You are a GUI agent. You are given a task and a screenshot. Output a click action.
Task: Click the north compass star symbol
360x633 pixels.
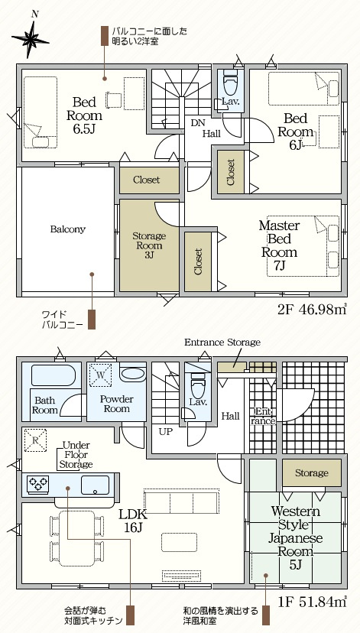[31, 38]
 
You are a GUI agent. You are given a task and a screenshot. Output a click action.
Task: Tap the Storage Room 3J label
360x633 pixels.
[149, 245]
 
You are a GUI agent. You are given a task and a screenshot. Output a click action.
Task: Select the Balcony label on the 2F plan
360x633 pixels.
[68, 229]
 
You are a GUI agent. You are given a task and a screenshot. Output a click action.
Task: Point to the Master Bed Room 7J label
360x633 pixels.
[279, 245]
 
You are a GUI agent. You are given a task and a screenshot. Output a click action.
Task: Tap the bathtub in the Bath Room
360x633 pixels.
[54, 375]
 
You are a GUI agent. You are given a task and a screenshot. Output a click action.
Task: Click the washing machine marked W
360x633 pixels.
[101, 375]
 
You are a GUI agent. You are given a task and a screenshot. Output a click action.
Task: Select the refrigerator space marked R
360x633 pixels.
[35, 440]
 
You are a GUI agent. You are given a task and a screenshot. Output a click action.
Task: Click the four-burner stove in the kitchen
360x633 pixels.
[38, 484]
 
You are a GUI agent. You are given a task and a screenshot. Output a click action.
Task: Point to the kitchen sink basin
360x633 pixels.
[95, 485]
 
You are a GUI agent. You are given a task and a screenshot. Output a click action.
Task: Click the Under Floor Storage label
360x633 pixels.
[76, 455]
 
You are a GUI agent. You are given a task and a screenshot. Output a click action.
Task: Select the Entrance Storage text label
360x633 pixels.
[222, 342]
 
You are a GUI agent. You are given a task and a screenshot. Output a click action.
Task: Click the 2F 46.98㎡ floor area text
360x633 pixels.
[312, 310]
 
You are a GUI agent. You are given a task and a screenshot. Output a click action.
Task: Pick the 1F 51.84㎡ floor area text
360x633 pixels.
[313, 602]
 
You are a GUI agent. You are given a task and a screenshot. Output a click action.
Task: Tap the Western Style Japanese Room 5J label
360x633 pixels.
[296, 537]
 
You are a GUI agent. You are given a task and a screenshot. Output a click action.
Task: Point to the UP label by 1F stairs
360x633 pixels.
[165, 432]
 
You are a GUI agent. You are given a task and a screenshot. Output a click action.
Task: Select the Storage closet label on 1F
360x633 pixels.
[311, 472]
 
